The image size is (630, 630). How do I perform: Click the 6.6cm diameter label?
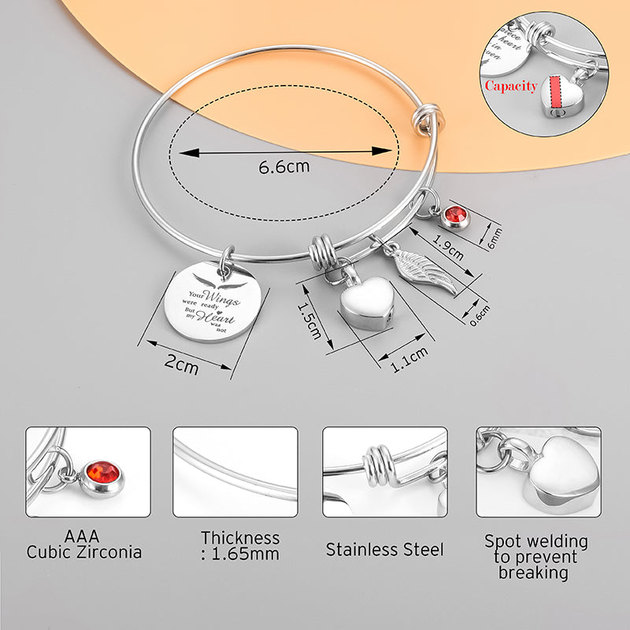pyautogui.click(x=284, y=167)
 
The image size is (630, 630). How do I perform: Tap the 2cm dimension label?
pyautogui.click(x=181, y=365)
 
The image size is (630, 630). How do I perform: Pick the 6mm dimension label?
pyautogui.click(x=495, y=235)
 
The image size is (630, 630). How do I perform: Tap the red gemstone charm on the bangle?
pyautogui.click(x=454, y=214)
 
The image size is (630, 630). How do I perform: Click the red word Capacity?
pyautogui.click(x=510, y=86)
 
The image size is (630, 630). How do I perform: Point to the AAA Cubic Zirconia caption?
pyautogui.click(x=84, y=543)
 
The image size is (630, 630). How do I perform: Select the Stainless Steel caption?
pyautogui.click(x=385, y=549)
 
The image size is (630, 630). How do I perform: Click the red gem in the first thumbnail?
pyautogui.click(x=103, y=474)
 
